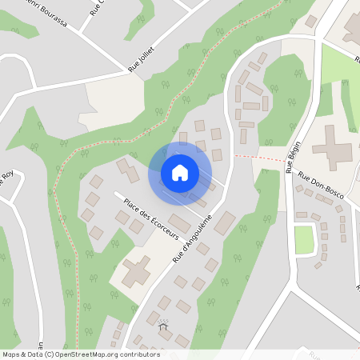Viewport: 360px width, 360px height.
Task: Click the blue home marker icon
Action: point(180,172)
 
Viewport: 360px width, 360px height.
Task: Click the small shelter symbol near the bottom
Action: point(164,325)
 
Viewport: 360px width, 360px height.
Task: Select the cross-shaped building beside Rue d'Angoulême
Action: point(136,272)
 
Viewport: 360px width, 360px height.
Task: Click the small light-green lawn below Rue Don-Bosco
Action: point(304,239)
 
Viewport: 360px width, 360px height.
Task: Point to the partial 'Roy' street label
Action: point(7,175)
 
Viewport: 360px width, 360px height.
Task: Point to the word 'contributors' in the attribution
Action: point(137,354)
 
